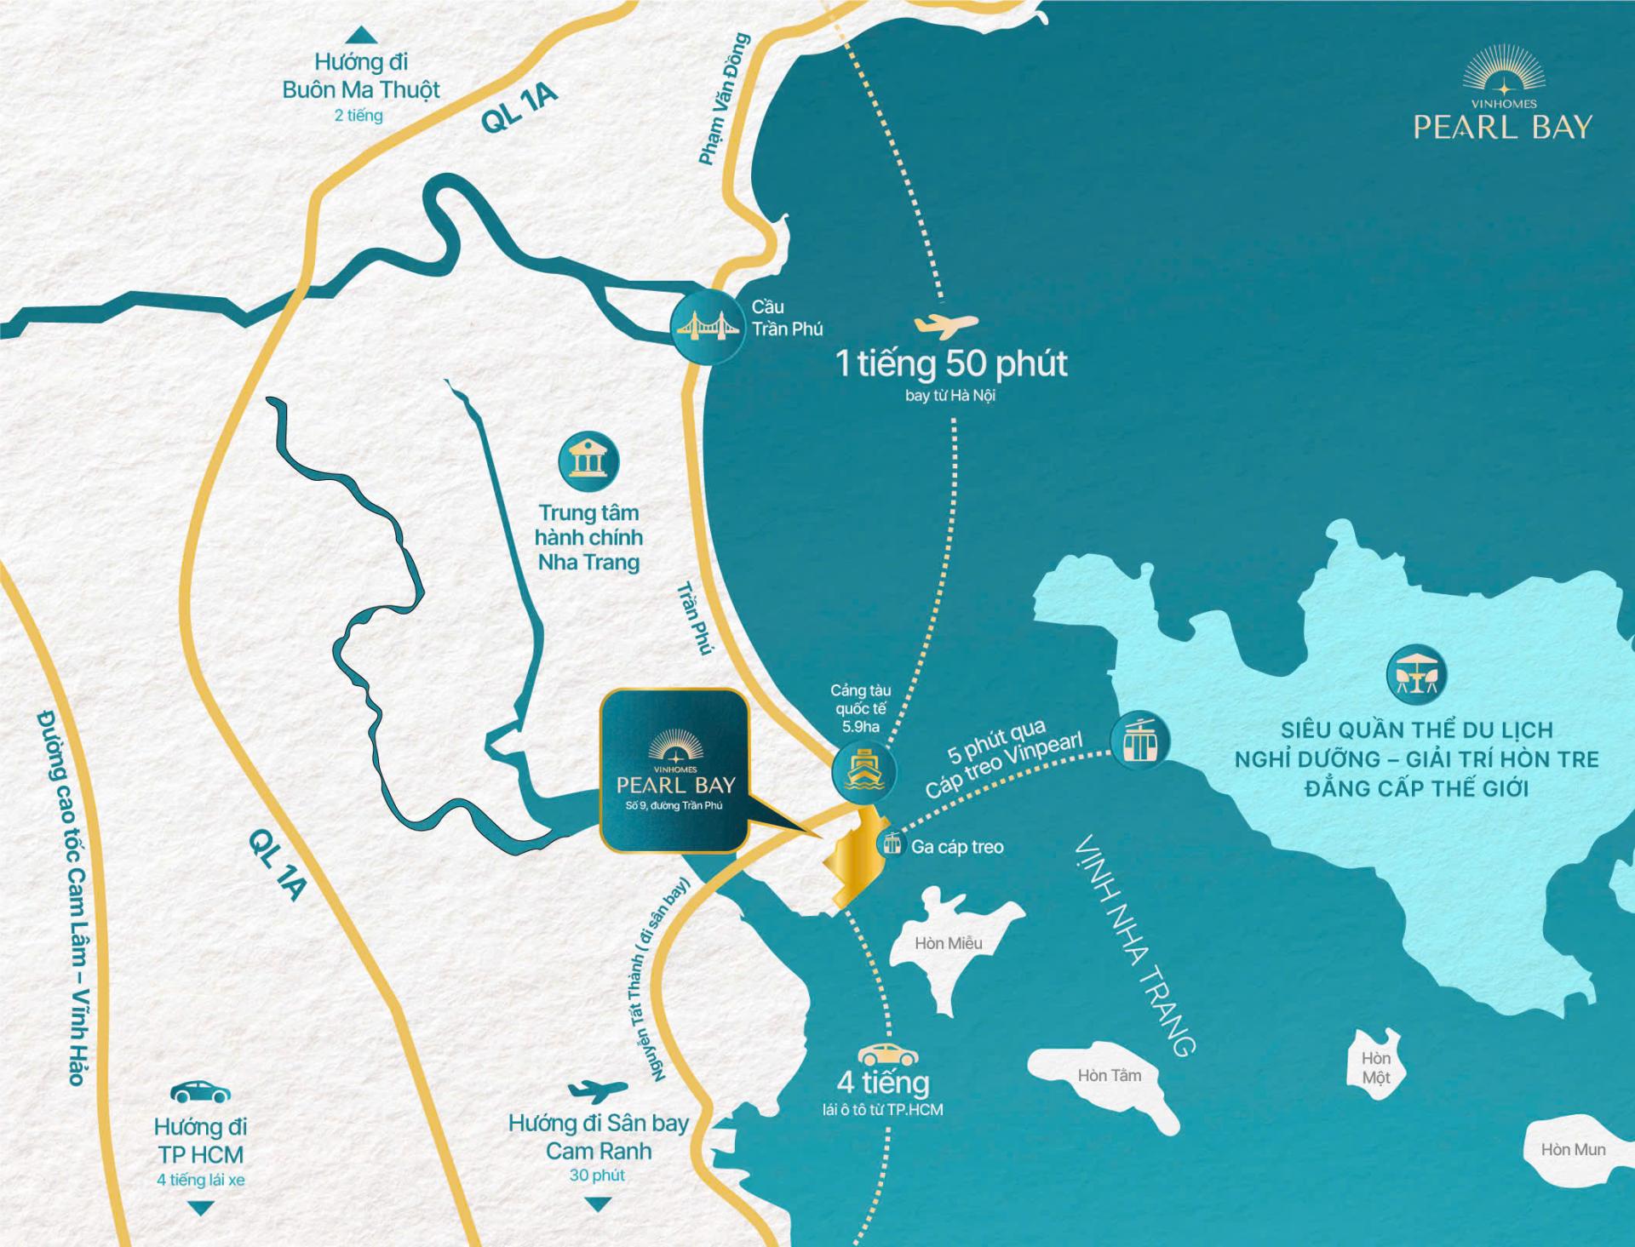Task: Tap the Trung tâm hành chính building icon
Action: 588,460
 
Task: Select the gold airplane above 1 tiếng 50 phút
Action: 945,325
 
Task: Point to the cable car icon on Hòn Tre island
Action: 1139,740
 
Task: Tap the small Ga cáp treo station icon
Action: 892,844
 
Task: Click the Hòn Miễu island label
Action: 948,943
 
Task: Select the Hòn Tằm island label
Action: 1109,1075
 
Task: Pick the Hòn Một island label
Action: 1375,1067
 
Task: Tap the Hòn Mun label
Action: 1573,1149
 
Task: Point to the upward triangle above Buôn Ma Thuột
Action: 360,35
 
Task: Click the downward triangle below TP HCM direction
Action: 201,1208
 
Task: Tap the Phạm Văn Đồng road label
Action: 723,99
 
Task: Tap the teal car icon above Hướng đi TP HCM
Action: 200,1091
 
